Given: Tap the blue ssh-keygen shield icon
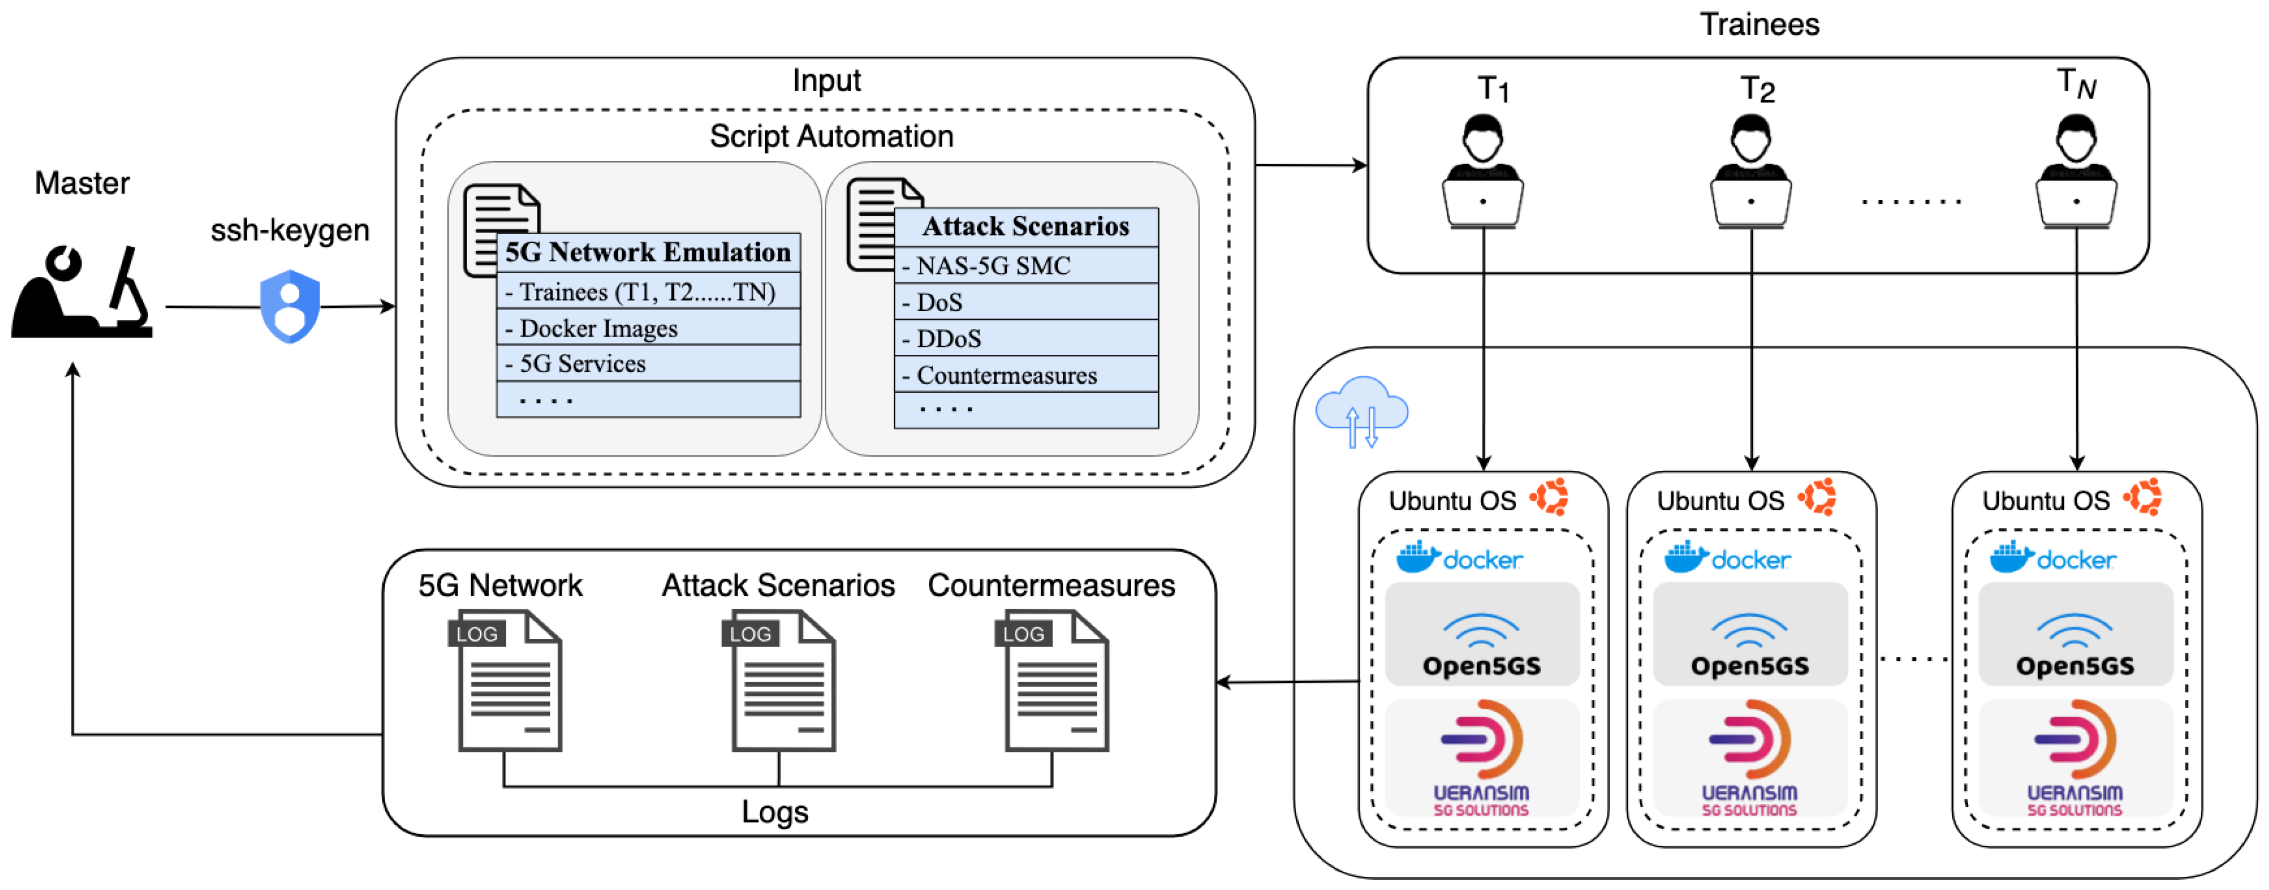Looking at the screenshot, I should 290,307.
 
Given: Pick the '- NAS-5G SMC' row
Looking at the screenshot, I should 1026,265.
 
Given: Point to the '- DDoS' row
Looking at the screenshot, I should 1026,338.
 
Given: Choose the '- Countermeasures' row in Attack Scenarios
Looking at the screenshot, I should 1026,375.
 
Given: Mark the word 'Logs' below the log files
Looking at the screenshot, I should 774,811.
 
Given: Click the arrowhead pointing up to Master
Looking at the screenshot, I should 73,370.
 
